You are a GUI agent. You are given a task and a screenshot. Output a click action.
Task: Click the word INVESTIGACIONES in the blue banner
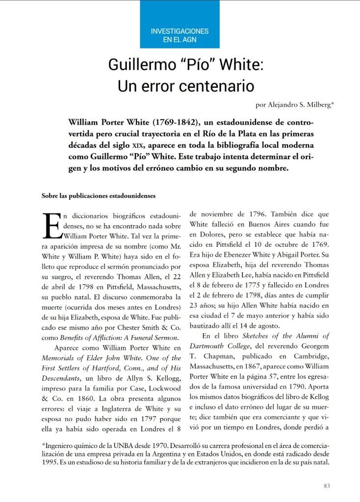coord(180,31)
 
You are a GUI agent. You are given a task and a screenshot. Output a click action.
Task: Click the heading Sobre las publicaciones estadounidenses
coord(99,196)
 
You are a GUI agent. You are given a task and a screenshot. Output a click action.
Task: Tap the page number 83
coord(327,485)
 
